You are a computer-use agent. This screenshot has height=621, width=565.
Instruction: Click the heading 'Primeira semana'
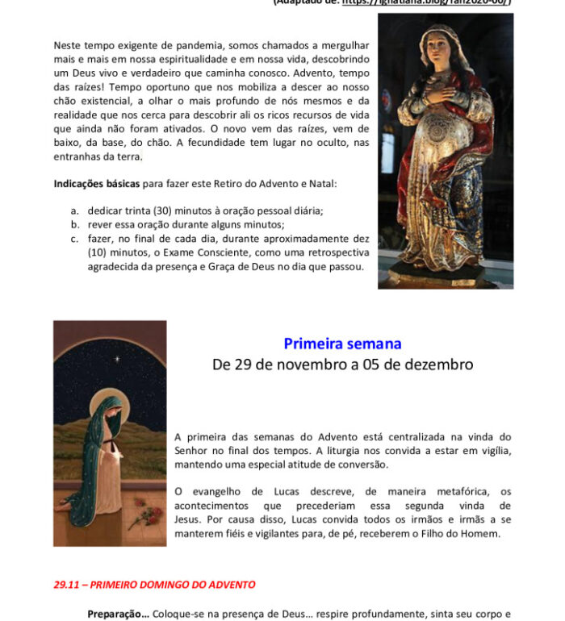(342, 344)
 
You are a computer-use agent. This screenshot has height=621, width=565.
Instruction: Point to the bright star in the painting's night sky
(116, 358)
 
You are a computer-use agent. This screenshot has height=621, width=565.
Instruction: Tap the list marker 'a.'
(75, 210)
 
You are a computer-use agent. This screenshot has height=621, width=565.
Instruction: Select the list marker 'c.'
(74, 239)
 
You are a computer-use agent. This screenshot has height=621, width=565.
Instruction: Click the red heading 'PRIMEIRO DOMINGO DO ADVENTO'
(172, 585)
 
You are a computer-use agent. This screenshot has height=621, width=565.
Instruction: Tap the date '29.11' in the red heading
(67, 585)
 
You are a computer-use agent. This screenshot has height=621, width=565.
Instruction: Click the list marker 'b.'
(75, 224)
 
